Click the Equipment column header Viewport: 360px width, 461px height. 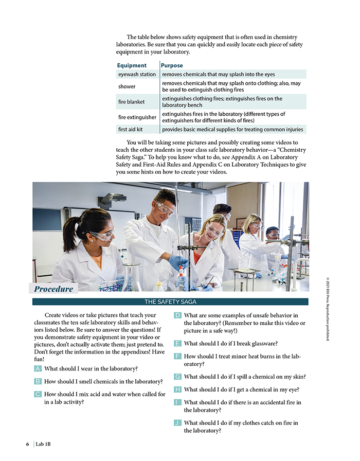click(x=132, y=65)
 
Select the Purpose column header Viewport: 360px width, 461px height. click(x=172, y=65)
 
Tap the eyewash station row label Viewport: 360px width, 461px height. click(x=137, y=75)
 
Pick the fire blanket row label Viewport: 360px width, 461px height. click(x=131, y=102)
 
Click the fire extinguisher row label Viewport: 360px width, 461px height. click(x=137, y=117)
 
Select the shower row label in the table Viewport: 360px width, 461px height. click(x=127, y=86)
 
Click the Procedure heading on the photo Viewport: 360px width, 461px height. click(x=53, y=289)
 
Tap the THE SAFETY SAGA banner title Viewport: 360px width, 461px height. click(x=170, y=302)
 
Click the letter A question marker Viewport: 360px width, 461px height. click(x=38, y=368)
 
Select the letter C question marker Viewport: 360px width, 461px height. click(x=38, y=394)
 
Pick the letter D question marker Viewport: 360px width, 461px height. click(x=177, y=315)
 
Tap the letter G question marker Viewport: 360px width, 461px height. click(x=177, y=377)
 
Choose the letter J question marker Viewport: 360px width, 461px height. click(x=177, y=423)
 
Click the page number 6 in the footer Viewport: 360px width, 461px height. click(x=28, y=444)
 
